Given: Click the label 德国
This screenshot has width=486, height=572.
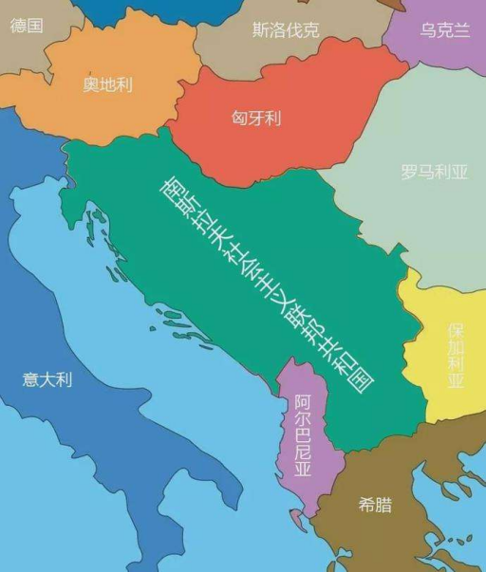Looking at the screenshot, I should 27,26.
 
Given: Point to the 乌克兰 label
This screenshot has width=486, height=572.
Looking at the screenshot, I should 445,30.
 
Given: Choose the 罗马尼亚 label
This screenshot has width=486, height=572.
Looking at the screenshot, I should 435,173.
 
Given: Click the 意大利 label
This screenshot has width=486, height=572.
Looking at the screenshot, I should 47,379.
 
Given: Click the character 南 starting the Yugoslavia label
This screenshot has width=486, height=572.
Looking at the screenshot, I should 174,186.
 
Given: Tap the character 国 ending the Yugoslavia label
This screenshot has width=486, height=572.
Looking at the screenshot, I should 361,377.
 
